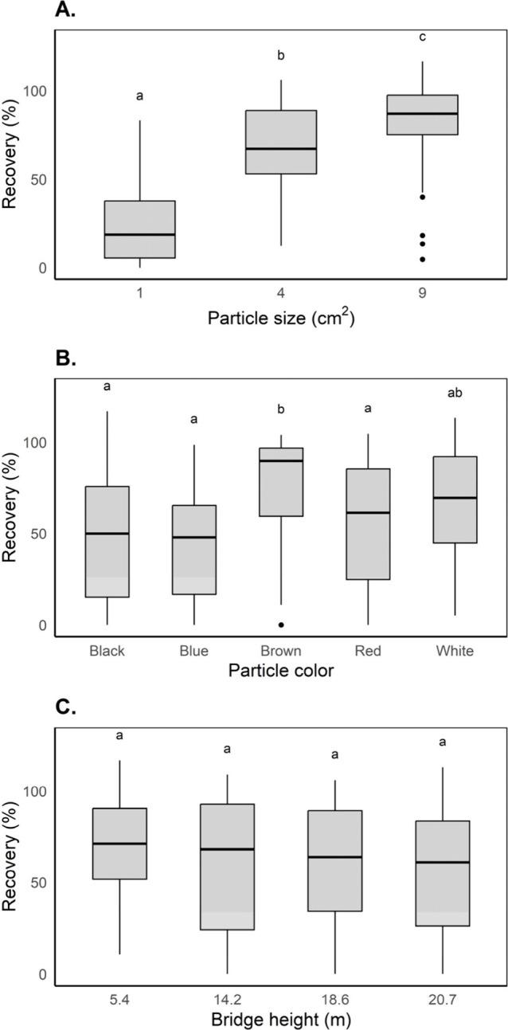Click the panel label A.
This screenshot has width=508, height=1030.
[66, 10]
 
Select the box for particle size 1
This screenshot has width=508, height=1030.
[139, 229]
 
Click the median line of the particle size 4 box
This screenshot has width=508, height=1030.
[281, 149]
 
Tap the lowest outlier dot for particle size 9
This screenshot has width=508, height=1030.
[422, 259]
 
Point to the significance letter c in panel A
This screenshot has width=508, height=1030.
[422, 36]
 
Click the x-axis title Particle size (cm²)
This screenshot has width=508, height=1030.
[280, 319]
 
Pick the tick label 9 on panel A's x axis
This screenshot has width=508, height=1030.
[422, 293]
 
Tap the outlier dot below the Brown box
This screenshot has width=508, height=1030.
[281, 625]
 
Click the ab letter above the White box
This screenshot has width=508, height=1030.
[455, 393]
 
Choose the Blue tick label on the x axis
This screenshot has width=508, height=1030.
[194, 651]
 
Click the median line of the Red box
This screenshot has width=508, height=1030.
[368, 513]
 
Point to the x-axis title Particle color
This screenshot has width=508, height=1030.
[280, 670]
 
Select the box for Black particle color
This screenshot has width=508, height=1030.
[107, 542]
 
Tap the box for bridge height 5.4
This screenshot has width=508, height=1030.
[119, 844]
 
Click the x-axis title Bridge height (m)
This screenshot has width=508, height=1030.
[280, 1019]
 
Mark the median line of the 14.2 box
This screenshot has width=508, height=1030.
[228, 849]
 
